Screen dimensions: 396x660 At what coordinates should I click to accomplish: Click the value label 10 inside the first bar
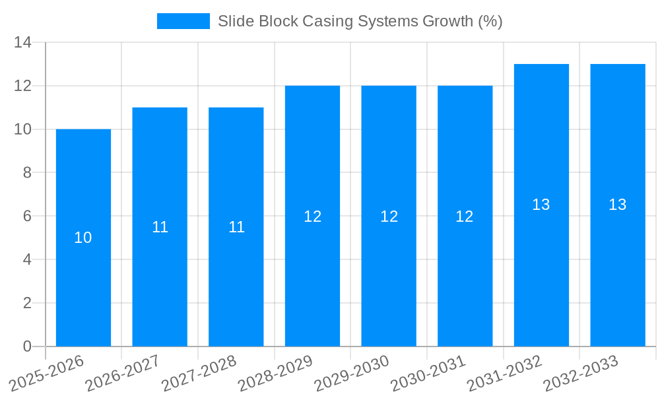click(83, 238)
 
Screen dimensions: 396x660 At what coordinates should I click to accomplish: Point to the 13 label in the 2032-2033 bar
click(617, 205)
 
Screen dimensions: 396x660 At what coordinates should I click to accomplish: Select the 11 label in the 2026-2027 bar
click(160, 227)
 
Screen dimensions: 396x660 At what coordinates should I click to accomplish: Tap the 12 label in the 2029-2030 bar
click(389, 216)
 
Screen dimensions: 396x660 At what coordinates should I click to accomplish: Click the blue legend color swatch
click(183, 21)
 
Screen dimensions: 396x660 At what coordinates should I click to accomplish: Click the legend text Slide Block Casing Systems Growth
click(360, 21)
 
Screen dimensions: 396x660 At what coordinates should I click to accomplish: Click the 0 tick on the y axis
click(27, 346)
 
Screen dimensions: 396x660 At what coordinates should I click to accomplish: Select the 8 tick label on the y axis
click(27, 173)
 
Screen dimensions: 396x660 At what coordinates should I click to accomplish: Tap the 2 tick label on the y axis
click(27, 303)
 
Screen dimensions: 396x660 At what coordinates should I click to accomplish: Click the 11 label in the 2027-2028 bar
click(236, 227)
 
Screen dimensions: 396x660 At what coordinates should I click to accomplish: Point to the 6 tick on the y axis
click(27, 216)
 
